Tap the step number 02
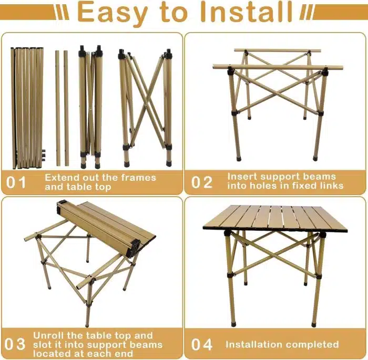pyautogui.click(x=201, y=182)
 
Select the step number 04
pyautogui.click(x=201, y=344)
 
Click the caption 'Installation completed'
pyautogui.click(x=282, y=344)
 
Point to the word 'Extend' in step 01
pyautogui.click(x=61, y=178)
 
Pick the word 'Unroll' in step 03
pyautogui.click(x=50, y=335)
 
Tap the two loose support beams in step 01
pyautogui.click(x=62, y=105)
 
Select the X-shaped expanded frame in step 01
pyautogui.click(x=146, y=105)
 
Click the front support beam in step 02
pyautogui.click(x=278, y=67)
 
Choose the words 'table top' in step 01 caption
pyautogui.click(x=88, y=187)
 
